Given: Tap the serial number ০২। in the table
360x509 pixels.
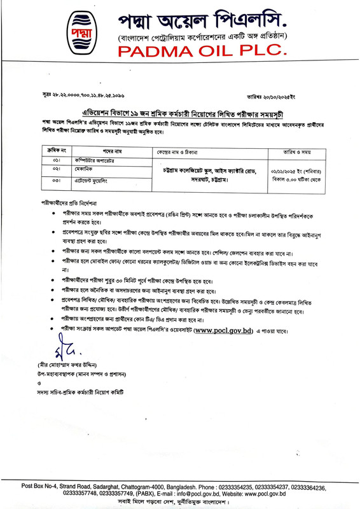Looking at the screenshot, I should click(x=56, y=170).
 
